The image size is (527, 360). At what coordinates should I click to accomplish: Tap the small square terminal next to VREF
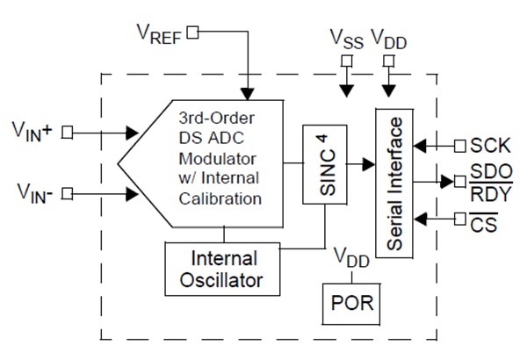click(193, 32)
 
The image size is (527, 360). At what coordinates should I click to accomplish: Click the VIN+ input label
click(32, 132)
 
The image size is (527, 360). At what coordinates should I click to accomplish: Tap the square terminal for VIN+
click(68, 133)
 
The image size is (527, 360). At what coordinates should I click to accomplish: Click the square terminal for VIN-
click(68, 191)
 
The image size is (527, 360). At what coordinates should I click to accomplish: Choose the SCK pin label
click(488, 143)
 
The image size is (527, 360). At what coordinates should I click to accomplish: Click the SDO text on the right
click(489, 171)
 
